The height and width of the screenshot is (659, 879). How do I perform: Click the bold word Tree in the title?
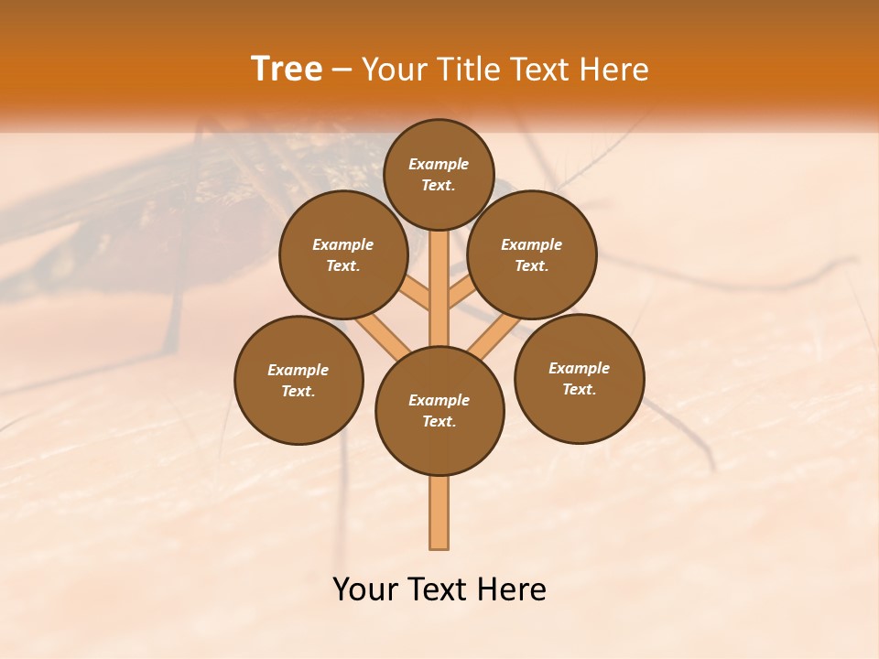point(287,70)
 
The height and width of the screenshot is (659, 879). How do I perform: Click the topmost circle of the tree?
point(439,174)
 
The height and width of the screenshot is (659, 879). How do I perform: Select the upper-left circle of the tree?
point(342,254)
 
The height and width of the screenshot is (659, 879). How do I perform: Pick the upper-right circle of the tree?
point(532,254)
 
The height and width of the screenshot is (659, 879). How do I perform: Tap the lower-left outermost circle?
point(298,380)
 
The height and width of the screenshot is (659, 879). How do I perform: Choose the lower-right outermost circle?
point(580,378)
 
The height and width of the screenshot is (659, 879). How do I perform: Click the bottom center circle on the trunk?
point(439,411)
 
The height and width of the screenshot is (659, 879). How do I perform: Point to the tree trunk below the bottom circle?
point(439,513)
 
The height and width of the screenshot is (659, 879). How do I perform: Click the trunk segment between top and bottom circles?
point(439,288)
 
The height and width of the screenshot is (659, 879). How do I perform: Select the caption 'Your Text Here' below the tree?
point(439,589)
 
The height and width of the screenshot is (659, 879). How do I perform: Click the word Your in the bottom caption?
point(365,589)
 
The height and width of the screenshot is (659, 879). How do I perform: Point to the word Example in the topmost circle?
point(439,164)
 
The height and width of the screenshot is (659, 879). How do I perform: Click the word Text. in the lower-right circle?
point(580,389)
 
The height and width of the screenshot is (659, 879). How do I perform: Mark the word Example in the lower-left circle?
point(298,370)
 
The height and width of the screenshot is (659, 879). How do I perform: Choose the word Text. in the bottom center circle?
point(439,422)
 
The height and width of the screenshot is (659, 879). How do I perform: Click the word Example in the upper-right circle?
point(532,244)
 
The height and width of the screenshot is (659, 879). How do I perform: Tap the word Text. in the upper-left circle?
point(342,266)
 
